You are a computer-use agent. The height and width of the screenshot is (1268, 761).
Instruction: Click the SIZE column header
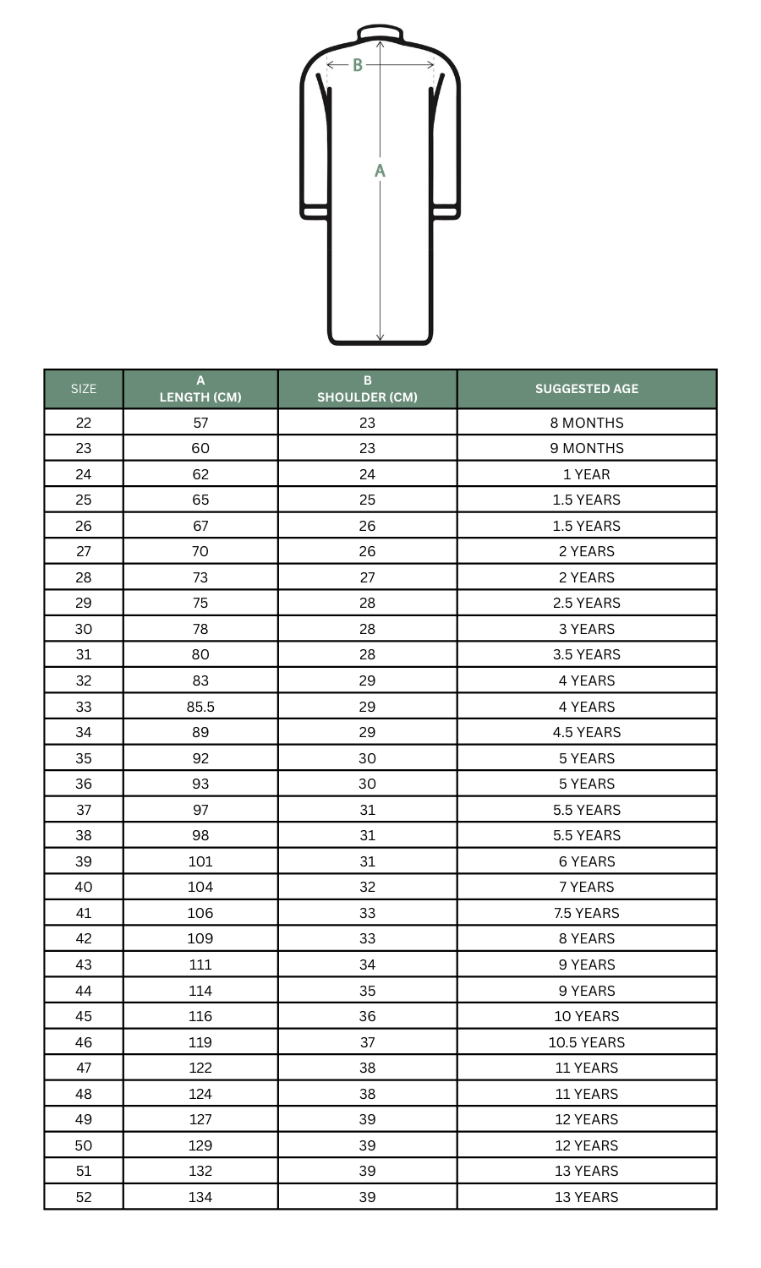tap(84, 389)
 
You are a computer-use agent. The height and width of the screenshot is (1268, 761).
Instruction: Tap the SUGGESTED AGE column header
tap(587, 389)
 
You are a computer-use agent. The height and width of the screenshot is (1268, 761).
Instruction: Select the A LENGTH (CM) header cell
tap(200, 389)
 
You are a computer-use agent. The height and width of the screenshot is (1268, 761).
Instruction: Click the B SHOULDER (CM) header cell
tap(367, 389)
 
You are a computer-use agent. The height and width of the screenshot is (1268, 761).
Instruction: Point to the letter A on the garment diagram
tap(380, 171)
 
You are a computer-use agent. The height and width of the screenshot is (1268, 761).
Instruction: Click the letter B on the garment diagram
tap(358, 65)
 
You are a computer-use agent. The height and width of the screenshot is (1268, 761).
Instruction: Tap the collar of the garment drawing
tap(380, 33)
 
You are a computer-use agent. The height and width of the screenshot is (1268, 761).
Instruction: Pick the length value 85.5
tap(200, 707)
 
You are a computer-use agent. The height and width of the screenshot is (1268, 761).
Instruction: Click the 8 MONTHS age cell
tap(587, 423)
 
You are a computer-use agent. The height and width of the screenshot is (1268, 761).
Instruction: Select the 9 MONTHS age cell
tap(587, 448)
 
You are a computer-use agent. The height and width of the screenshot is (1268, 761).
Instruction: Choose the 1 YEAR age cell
tap(587, 474)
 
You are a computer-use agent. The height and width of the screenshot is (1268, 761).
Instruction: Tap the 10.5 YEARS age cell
tap(587, 1042)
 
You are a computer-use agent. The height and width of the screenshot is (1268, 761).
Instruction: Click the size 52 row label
tap(84, 1197)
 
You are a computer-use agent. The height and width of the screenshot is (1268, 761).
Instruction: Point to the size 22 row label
tap(84, 423)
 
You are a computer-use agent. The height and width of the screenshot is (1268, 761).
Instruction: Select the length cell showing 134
tap(200, 1197)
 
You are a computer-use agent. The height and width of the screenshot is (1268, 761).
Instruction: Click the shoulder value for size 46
tap(367, 1042)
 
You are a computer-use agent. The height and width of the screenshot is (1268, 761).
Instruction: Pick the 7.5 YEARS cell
tap(587, 913)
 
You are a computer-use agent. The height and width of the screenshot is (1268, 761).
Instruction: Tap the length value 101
tap(200, 861)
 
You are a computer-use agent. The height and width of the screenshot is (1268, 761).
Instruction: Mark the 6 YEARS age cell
tap(587, 861)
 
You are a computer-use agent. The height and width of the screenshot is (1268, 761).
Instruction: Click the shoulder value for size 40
tap(367, 887)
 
